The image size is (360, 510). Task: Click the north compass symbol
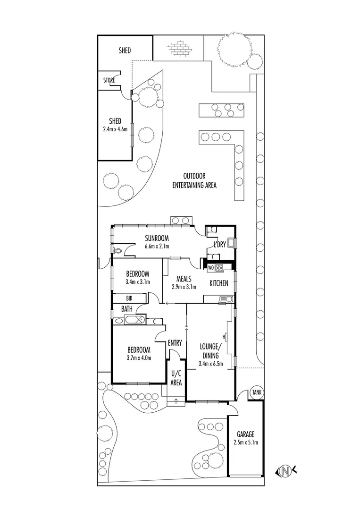(x=285, y=470)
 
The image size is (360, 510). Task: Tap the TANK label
(x=256, y=392)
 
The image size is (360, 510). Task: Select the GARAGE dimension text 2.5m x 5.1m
(x=245, y=442)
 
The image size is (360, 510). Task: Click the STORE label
(x=109, y=81)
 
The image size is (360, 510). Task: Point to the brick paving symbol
(x=178, y=49)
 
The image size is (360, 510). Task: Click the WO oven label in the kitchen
(x=211, y=268)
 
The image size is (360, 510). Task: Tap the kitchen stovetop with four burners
(x=219, y=268)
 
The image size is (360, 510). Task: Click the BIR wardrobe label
(x=128, y=298)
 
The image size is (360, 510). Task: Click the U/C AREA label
(x=176, y=379)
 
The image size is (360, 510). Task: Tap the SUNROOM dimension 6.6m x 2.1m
(x=157, y=246)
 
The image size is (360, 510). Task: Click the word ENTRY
(x=175, y=343)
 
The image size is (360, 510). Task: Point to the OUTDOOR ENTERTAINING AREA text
(x=194, y=181)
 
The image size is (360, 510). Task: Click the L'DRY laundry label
(x=219, y=245)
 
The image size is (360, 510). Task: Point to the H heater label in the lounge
(x=224, y=337)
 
